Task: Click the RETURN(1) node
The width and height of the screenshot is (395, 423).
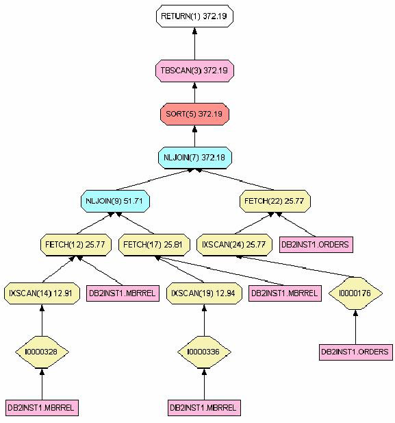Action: (x=194, y=16)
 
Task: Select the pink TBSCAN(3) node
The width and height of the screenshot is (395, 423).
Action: (x=194, y=71)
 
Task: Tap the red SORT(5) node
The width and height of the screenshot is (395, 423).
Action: (x=194, y=114)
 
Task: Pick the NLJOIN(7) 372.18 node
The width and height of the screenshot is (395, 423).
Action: (x=195, y=158)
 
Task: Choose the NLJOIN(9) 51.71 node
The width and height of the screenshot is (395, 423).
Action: (x=115, y=202)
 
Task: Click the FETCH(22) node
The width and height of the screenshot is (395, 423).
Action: (x=275, y=202)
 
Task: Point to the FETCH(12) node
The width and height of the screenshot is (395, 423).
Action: (x=76, y=245)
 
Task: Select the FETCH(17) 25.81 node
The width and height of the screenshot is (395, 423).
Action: (x=154, y=245)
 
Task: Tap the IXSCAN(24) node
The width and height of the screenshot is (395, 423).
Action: (x=234, y=245)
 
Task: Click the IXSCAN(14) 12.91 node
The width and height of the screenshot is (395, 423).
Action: (x=42, y=293)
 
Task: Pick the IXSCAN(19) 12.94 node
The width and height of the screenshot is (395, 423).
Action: (x=204, y=293)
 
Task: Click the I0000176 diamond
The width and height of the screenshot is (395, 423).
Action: (x=355, y=293)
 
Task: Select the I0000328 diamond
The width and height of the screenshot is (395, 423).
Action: (x=42, y=352)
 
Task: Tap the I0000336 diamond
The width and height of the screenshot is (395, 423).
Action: (x=204, y=352)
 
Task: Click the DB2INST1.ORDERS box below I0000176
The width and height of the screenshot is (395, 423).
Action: (x=356, y=352)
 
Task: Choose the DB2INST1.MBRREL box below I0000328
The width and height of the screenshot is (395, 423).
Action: (x=42, y=408)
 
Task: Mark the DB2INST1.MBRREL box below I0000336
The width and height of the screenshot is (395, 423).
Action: (x=204, y=408)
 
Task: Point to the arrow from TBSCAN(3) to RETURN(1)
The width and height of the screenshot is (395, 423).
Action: (x=194, y=44)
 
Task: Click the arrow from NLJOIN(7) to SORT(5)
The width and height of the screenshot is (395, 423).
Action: (x=194, y=136)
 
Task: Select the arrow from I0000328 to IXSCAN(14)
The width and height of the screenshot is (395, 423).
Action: (x=42, y=320)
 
